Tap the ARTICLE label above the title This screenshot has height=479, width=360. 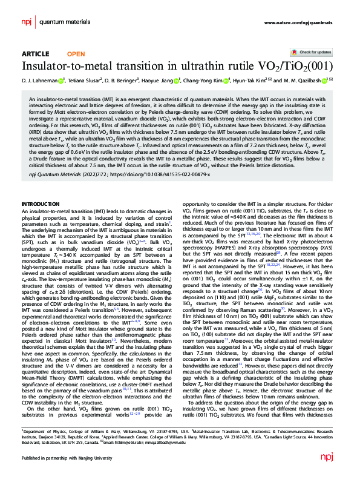[35, 54]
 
